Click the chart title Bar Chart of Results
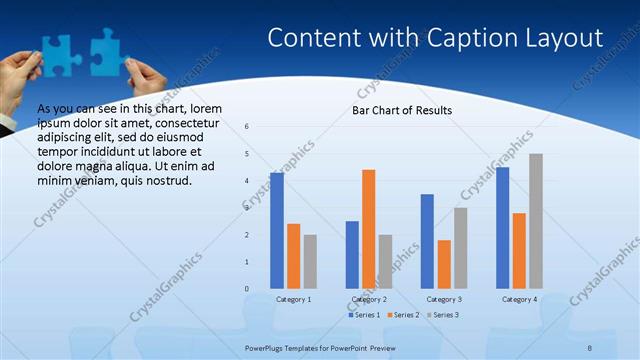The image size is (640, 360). point(402,110)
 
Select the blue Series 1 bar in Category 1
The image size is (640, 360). point(276,230)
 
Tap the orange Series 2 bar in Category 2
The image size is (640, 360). point(368,228)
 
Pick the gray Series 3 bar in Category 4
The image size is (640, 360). point(536,220)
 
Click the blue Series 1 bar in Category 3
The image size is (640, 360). point(427,241)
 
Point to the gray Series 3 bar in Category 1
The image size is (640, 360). point(310,261)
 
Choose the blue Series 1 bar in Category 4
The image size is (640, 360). point(502,227)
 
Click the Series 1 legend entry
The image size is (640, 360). point(365,315)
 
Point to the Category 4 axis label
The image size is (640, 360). point(519,299)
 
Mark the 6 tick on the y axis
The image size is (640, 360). point(247,126)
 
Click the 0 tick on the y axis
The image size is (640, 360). point(247,288)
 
